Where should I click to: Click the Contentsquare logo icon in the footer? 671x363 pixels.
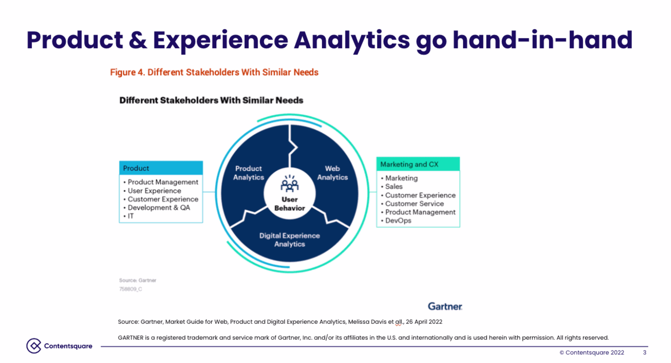pyautogui.click(x=34, y=346)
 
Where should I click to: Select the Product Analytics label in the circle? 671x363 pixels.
pyautogui.click(x=248, y=173)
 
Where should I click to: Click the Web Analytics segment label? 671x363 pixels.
pyautogui.click(x=332, y=173)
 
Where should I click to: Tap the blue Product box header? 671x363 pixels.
pyautogui.click(x=161, y=168)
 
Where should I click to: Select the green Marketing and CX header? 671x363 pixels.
pyautogui.click(x=418, y=164)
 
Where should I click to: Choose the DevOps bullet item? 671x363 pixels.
pyautogui.click(x=396, y=220)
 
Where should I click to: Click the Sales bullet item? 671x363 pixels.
pyautogui.click(x=392, y=187)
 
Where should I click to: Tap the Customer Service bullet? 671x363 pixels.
pyautogui.click(x=412, y=204)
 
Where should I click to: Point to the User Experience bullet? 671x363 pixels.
pyautogui.click(x=152, y=191)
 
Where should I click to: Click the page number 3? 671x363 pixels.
pyautogui.click(x=644, y=353)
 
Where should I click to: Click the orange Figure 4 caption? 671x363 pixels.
pyautogui.click(x=214, y=72)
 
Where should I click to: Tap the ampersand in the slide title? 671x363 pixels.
pyautogui.click(x=138, y=40)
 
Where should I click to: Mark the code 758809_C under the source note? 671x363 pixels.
pyautogui.click(x=131, y=289)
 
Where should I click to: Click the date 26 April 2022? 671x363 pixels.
pyautogui.click(x=424, y=322)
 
